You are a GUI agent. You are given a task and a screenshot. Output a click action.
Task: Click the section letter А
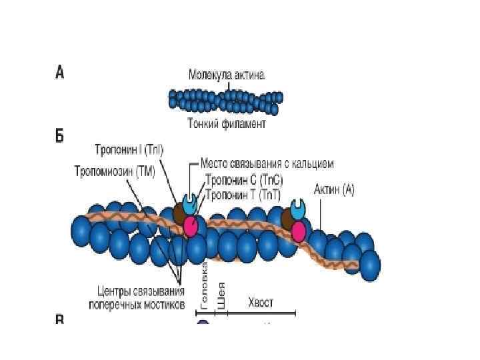59,72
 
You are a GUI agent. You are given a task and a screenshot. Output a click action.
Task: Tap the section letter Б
59,136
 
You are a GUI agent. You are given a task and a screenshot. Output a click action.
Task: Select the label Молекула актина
226,76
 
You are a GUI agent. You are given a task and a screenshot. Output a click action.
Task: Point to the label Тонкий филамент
226,124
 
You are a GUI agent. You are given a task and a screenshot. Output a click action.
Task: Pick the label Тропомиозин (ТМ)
114,171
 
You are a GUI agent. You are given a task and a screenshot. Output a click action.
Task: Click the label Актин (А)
329,190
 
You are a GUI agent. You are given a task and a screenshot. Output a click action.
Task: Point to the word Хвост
260,302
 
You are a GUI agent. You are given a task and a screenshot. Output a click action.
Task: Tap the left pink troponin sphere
191,227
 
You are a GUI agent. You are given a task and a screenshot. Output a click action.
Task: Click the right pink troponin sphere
298,231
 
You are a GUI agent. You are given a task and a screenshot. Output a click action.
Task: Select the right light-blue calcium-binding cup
298,209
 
